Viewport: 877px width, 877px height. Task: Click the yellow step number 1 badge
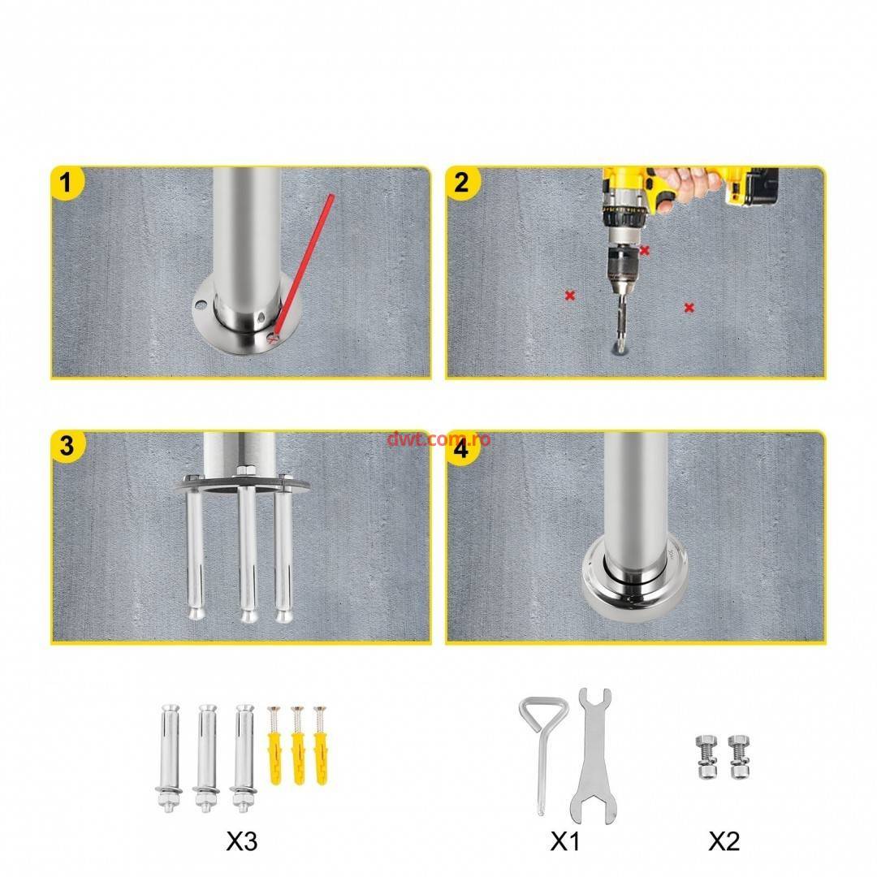(x=67, y=183)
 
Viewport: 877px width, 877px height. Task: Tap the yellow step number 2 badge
(x=462, y=183)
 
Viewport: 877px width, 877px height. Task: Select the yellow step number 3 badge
(x=67, y=447)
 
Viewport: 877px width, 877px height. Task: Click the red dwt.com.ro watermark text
(x=438, y=439)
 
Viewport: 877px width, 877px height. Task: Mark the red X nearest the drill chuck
(x=645, y=251)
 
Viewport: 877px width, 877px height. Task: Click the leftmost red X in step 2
(x=570, y=295)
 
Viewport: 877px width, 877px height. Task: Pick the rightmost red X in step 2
(x=689, y=307)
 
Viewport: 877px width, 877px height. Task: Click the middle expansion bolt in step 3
(x=248, y=546)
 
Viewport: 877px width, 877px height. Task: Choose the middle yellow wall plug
(x=297, y=745)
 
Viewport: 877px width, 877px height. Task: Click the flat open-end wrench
(x=594, y=756)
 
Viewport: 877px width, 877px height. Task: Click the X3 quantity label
(x=242, y=840)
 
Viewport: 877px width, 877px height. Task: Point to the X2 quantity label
(x=724, y=840)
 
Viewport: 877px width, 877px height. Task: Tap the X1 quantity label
(x=565, y=840)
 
